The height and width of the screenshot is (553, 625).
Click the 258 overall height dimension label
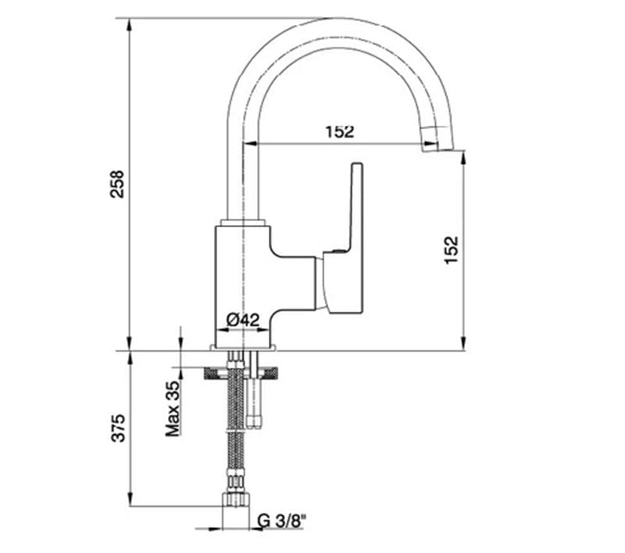117,184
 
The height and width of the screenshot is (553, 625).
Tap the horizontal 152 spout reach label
339,132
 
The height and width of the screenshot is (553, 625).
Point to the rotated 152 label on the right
452,249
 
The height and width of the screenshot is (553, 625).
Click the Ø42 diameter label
242,319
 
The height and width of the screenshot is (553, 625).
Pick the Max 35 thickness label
173,408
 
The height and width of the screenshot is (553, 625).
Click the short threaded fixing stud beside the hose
253,402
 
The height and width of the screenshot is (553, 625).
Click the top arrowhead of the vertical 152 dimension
465,157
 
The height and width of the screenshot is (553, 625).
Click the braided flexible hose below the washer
234,437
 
